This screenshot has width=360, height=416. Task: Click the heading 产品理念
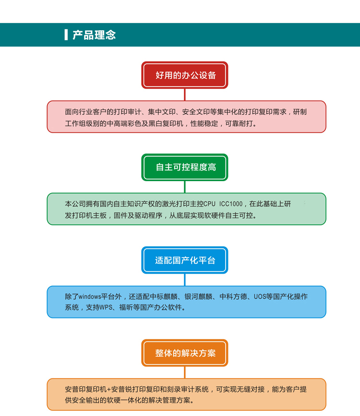tap(94, 35)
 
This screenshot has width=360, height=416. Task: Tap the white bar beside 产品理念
tap(66, 35)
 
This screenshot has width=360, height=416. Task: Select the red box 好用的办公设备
tap(185, 75)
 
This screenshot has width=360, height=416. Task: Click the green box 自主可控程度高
tap(185, 167)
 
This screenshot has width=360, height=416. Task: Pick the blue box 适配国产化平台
tap(185, 260)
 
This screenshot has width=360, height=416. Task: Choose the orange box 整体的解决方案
tap(185, 353)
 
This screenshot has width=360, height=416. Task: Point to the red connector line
tap(185, 95)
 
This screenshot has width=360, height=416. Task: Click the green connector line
tap(185, 187)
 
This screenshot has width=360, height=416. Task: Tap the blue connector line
tap(185, 280)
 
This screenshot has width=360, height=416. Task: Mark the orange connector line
tap(185, 372)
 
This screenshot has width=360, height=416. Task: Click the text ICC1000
tap(231, 204)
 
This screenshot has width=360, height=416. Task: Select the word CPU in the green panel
tap(209, 204)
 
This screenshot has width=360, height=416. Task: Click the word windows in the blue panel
tap(90, 296)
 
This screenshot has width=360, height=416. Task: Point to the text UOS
tap(259, 296)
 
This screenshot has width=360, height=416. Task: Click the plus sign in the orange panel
tap(109, 390)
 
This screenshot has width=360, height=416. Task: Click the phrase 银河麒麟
tap(198, 296)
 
